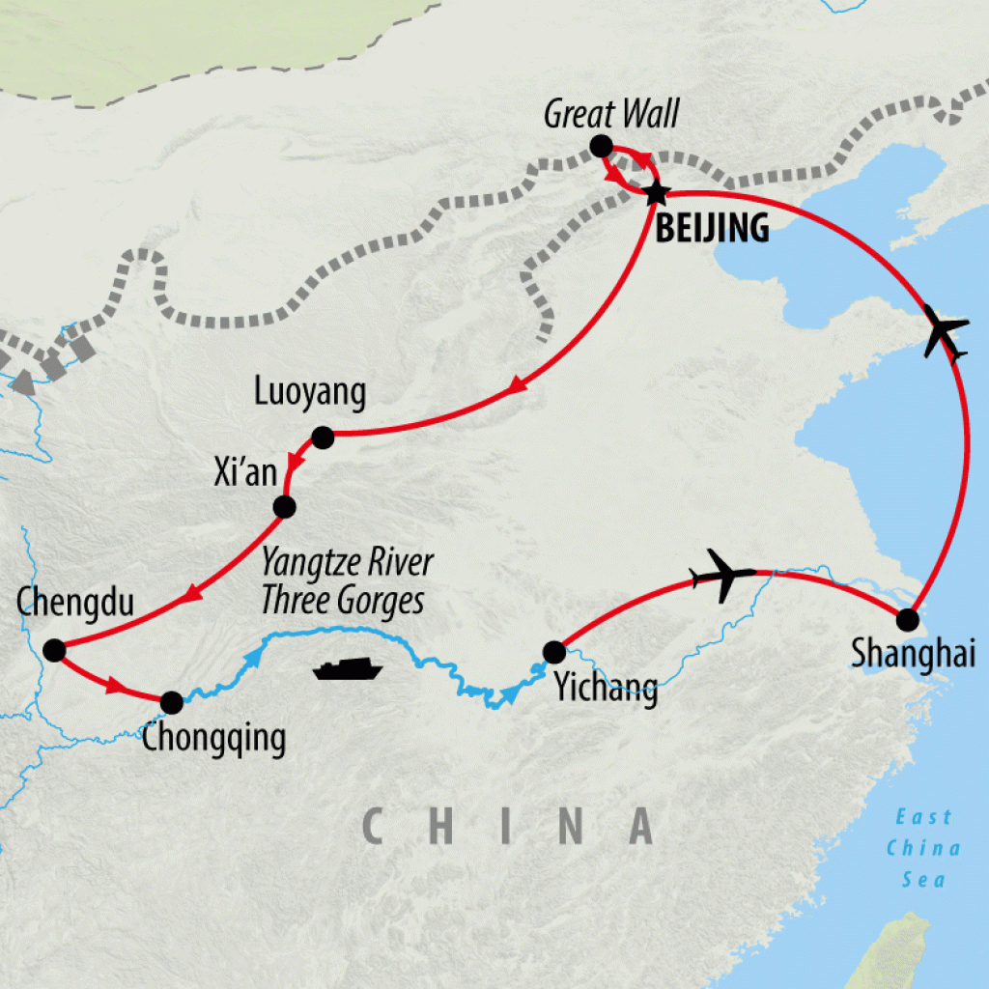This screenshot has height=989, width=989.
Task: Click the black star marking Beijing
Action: pos(656,192)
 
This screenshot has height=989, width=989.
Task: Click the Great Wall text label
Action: pos(611,114)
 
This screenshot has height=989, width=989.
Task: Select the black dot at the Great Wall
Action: pos(600,147)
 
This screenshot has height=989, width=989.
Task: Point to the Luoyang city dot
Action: pos(323,438)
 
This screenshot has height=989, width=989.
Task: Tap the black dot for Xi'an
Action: pos(284,506)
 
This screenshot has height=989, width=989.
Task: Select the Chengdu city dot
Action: pos(54,650)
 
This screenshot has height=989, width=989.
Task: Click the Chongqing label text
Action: pos(213,739)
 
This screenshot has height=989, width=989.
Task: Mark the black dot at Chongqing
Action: pos(171,702)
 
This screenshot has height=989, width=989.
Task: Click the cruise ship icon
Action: pos(348,669)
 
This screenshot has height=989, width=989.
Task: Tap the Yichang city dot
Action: pos(553,651)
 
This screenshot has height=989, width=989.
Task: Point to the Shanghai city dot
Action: pos(907,619)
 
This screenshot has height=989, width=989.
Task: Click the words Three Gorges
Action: pos(342,600)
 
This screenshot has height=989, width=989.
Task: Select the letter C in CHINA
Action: pos(377,827)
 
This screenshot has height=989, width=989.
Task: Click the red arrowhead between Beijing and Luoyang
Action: pos(518,385)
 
